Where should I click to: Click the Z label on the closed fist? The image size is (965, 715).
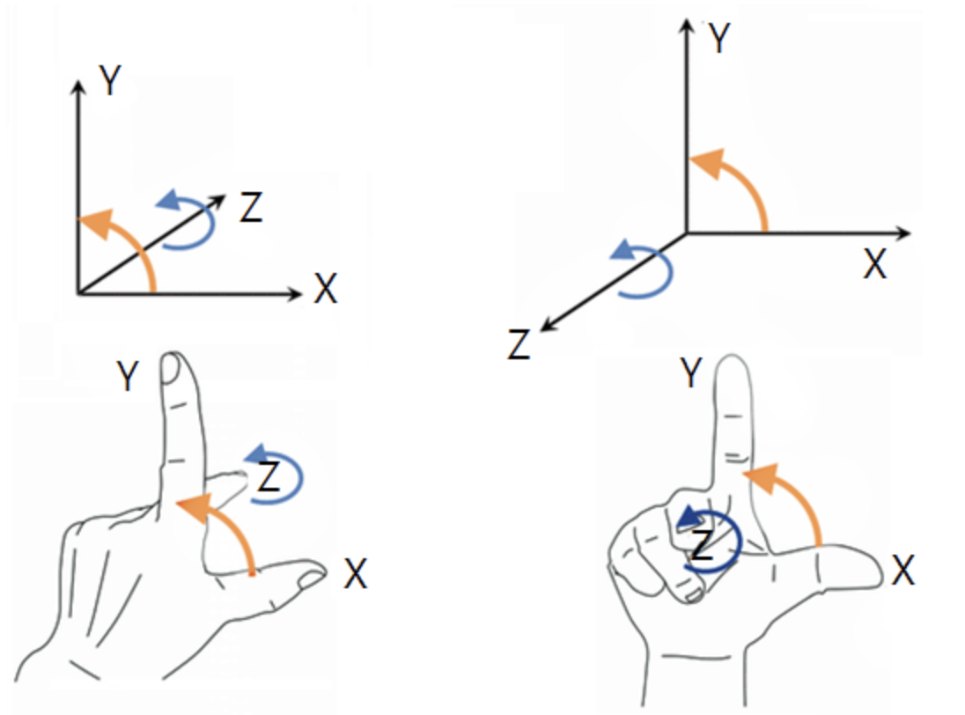(x=702, y=547)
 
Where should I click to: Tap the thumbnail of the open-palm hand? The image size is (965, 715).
(x=311, y=579)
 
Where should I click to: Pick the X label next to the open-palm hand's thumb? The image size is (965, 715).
(x=355, y=575)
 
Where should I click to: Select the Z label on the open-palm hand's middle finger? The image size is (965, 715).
(x=269, y=477)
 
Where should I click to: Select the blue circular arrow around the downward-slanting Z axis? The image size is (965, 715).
(x=650, y=271)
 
